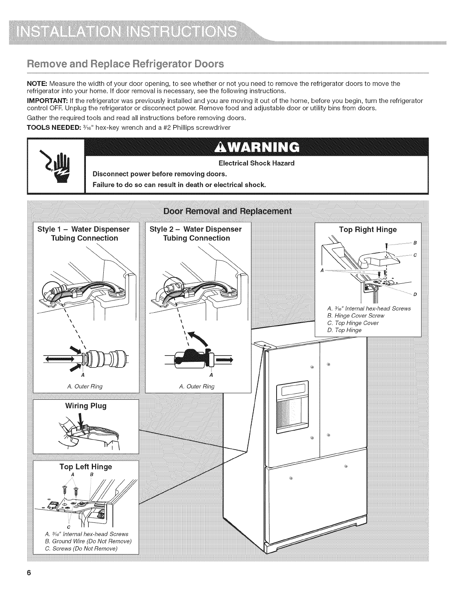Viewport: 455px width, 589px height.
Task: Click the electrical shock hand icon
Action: point(56,165)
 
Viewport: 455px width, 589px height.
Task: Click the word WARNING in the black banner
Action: point(257,147)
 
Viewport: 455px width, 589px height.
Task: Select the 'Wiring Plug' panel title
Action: point(86,406)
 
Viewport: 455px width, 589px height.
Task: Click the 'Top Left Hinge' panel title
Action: point(86,466)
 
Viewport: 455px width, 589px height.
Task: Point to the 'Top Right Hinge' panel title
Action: point(368,229)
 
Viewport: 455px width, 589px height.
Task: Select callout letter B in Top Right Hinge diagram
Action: point(414,243)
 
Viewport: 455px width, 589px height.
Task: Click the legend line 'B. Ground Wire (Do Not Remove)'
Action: point(88,541)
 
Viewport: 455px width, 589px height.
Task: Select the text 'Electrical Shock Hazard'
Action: point(256,163)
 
